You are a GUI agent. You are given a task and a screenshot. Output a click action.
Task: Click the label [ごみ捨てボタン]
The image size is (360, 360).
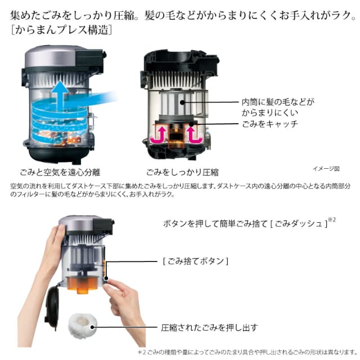[x=195, y=261]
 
